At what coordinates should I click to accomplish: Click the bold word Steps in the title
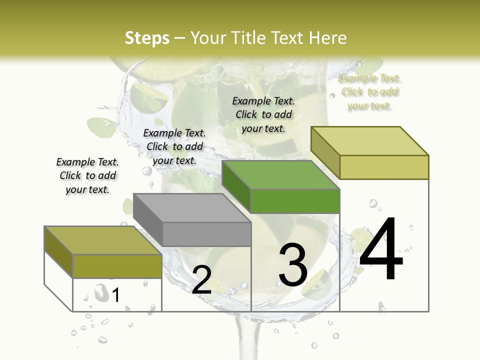[147, 38]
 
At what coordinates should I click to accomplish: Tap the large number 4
[381, 249]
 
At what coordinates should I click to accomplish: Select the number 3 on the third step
[293, 264]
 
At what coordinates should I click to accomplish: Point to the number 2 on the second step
[201, 280]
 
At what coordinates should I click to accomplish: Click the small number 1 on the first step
[116, 295]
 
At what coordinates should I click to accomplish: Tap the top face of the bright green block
[280, 175]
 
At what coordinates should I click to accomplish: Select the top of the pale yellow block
[369, 141]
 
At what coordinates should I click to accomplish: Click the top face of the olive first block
[103, 240]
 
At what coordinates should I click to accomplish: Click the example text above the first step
[87, 175]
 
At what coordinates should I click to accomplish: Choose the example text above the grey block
[174, 146]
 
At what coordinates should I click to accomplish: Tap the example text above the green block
[263, 114]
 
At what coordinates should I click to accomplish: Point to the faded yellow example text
[369, 91]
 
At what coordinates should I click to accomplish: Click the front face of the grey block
[206, 234]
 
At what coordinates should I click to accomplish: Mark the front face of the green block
[295, 201]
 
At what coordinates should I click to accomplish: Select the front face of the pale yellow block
[384, 167]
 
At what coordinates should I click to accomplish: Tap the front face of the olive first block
[117, 266]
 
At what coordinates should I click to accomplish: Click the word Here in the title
[327, 38]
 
